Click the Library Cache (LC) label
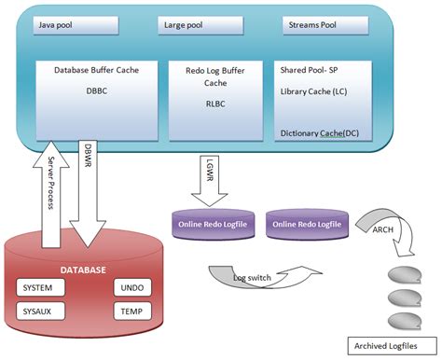(315, 92)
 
